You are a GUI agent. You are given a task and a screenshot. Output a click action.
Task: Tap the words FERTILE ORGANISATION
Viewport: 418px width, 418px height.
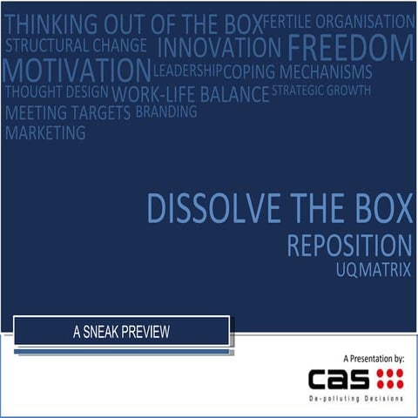tap(338, 21)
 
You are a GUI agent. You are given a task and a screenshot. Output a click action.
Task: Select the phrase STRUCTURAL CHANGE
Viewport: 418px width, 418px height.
tap(76, 45)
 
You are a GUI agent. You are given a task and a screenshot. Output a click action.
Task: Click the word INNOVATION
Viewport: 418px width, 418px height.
tap(219, 46)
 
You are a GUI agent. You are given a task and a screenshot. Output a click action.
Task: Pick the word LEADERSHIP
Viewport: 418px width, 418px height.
tap(187, 70)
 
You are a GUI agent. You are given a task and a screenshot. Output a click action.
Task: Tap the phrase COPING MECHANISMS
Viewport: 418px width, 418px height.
tap(298, 71)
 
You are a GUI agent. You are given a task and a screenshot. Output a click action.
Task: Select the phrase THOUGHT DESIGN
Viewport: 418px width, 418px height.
tap(57, 91)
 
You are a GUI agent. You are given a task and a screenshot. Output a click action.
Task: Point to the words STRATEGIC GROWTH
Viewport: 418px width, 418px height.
tap(321, 90)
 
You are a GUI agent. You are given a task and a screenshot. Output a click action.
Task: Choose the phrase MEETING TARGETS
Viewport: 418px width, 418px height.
tap(68, 113)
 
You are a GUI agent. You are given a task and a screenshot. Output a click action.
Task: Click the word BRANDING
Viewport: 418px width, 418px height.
tap(166, 111)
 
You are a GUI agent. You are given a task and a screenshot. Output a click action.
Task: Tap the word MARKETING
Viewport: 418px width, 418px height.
tap(45, 133)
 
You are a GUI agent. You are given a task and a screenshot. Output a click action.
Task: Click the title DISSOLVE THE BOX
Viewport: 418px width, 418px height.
tap(279, 208)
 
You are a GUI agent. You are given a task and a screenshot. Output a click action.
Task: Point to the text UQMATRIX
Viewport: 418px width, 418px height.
tap(373, 269)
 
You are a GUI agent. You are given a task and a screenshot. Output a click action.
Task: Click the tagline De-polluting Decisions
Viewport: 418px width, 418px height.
tap(357, 398)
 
